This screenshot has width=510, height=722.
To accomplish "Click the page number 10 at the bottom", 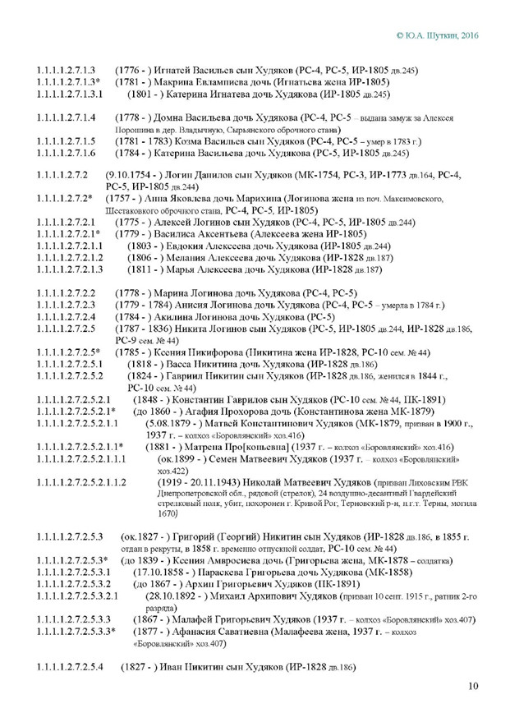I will [473, 686].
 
